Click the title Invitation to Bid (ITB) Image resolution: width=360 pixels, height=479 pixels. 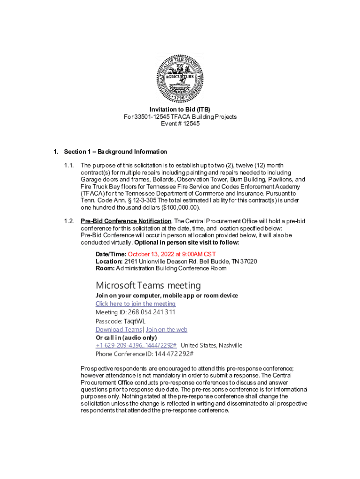180,109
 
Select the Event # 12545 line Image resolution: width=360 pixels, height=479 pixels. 180,123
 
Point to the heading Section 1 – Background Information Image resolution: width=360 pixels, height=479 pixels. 115,152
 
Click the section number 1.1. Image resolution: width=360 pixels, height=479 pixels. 69,166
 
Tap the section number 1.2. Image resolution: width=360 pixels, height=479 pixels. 69,221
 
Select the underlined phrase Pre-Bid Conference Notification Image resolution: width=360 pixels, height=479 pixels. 126,221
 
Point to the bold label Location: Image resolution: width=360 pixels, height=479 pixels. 109,261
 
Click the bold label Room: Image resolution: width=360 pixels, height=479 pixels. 105,268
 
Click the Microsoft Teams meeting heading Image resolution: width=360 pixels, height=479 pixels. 148,285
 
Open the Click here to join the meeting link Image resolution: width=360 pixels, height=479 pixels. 136,304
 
